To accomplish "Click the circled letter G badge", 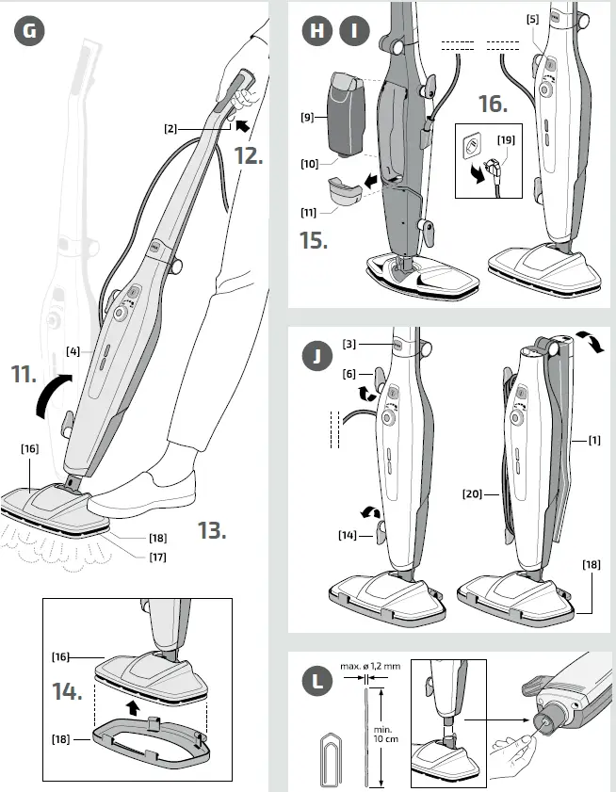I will point(31,31).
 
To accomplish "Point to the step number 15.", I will point(315,239).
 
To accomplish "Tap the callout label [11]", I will point(309,213).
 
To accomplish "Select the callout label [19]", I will point(505,139).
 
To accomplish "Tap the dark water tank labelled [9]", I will point(345,113).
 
